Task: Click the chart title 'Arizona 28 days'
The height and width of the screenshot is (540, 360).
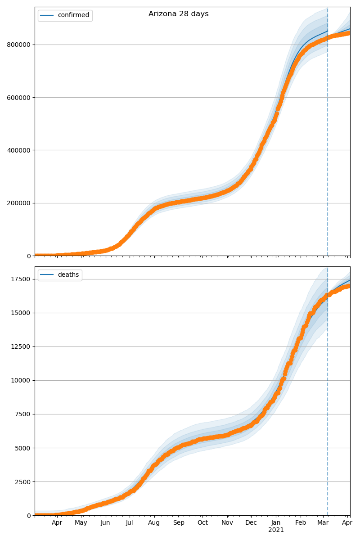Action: [179, 14]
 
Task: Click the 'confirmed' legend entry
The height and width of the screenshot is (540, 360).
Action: [73, 15]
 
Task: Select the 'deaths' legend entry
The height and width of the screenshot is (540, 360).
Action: [68, 275]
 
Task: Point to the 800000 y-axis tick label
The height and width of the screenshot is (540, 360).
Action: [19, 45]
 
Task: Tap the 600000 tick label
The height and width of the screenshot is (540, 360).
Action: [19, 97]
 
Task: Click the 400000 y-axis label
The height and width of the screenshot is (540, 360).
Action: [19, 150]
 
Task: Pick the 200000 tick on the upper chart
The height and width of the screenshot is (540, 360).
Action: [19, 203]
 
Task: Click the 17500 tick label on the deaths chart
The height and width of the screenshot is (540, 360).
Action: [21, 279]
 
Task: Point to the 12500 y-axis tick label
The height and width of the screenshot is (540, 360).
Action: [21, 346]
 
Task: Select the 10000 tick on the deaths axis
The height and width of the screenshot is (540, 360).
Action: [21, 380]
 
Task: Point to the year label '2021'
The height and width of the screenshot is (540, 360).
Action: [276, 530]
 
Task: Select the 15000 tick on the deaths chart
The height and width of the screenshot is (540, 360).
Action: [21, 313]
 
